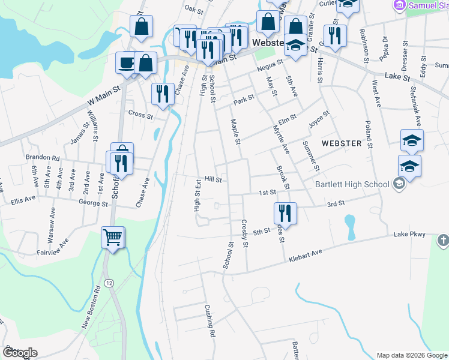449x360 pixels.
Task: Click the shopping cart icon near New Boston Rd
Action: [x=113, y=238]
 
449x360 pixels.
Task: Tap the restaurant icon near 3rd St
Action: [x=285, y=213]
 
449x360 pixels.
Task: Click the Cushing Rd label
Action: [x=209, y=320]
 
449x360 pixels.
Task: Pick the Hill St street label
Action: [x=213, y=179]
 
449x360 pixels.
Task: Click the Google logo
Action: [x=20, y=352]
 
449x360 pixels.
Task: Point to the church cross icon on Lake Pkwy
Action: [x=443, y=241]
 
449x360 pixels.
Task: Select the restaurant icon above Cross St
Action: [x=162, y=94]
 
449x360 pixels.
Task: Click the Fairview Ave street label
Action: [x=55, y=247]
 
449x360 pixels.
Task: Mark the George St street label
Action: [x=96, y=204]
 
